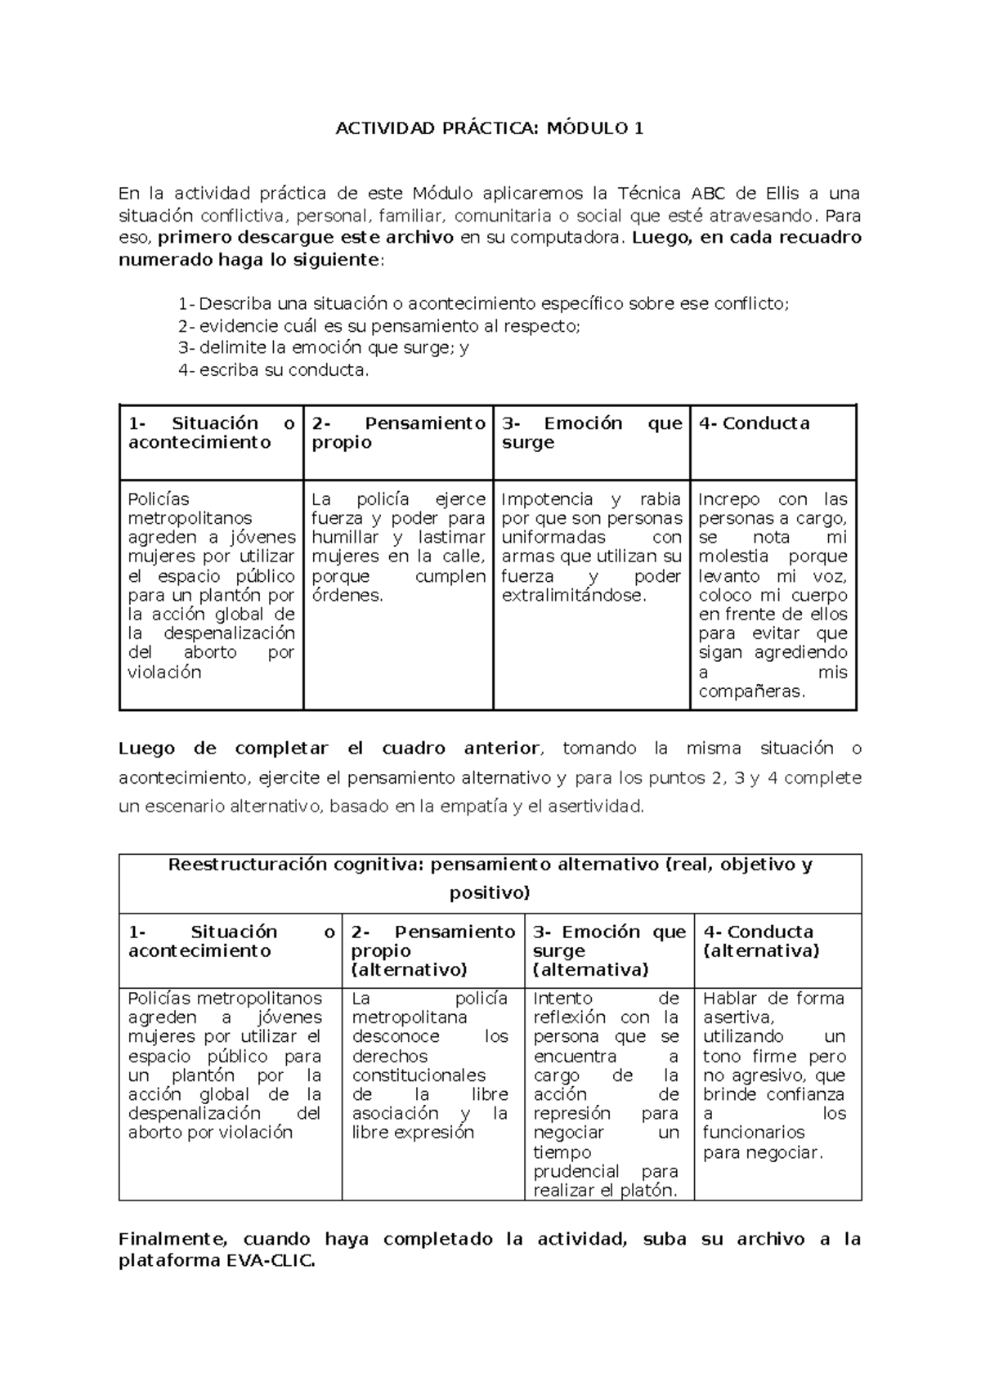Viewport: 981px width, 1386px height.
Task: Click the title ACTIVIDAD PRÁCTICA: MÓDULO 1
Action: [x=490, y=128]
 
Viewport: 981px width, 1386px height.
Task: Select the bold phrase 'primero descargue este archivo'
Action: [x=305, y=238]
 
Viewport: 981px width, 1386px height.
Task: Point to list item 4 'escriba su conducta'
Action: [x=273, y=369]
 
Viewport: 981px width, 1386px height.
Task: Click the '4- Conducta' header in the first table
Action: [x=754, y=423]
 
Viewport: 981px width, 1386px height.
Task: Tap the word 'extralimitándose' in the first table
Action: [x=573, y=595]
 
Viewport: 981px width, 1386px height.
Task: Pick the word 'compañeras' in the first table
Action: [x=751, y=691]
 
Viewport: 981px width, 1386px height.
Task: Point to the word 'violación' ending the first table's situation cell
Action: [x=164, y=672]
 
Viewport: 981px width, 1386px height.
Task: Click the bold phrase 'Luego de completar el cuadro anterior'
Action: [x=329, y=749]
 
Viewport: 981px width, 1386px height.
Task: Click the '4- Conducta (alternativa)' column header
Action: [x=760, y=941]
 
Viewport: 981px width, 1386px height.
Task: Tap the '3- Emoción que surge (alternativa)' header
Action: [x=608, y=950]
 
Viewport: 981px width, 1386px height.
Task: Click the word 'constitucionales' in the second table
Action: [x=419, y=1075]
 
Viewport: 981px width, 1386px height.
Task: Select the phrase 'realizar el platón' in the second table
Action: [x=605, y=1191]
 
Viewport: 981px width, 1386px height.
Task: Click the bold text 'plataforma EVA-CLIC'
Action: [x=217, y=1261]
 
